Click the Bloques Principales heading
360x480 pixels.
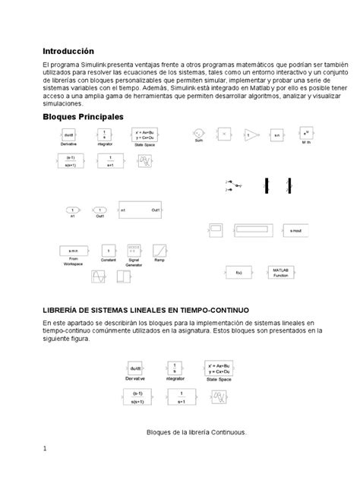click(x=83, y=116)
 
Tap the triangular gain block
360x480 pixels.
click(x=251, y=134)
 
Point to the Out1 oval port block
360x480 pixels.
click(x=98, y=210)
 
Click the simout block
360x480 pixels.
click(x=295, y=229)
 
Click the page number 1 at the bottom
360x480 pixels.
click(x=45, y=449)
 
